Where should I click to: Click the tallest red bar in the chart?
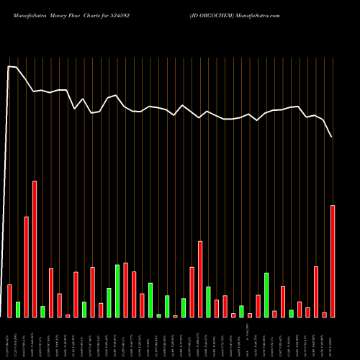(x=35, y=248)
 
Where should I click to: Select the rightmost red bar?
(x=333, y=261)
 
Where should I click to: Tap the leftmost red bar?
(x=9, y=300)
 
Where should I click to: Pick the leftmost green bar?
(x=18, y=309)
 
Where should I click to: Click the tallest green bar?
(x=117, y=291)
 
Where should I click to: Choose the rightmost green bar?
(x=291, y=313)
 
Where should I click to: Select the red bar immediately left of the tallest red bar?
(x=26, y=266)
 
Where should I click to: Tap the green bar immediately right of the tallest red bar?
(x=42, y=311)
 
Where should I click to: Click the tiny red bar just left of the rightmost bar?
(x=324, y=314)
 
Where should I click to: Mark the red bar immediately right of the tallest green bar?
(x=125, y=289)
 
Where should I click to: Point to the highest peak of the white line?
(x=9, y=66)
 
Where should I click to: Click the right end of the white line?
(x=332, y=136)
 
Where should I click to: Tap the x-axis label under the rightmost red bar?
(x=333, y=344)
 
